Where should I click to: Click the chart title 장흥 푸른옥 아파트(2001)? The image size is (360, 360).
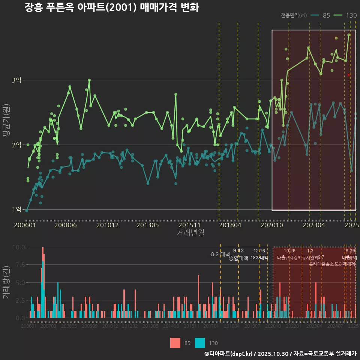click(111, 7)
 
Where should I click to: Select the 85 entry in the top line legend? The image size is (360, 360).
click(326, 15)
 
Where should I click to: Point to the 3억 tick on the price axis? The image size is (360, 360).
click(17, 80)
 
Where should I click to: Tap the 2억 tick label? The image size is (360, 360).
click(17, 145)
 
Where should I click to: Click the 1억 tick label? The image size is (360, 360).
click(17, 209)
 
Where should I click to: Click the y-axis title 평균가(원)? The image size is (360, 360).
click(6, 127)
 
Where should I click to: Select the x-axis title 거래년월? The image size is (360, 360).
click(190, 233)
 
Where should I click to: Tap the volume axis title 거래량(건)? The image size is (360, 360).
click(6, 282)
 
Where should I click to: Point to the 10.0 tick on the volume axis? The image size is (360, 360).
click(19, 247)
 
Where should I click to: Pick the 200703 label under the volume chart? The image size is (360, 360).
click(48, 327)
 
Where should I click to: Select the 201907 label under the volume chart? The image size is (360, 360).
click(252, 327)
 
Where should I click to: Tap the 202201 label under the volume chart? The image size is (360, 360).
click(293, 327)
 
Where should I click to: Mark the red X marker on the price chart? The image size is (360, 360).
click(349, 75)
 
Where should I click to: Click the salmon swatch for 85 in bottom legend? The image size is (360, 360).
click(175, 343)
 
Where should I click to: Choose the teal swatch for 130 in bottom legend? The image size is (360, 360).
click(200, 343)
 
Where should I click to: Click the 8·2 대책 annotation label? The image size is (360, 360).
click(220, 254)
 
